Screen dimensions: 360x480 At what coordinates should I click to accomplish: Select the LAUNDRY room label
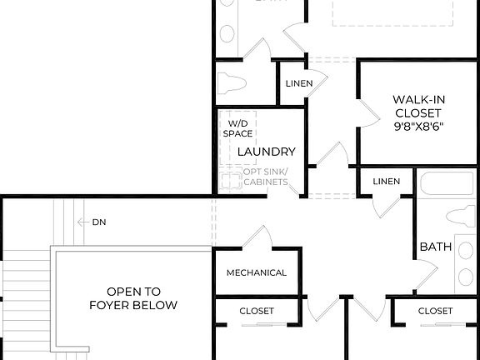tap(266, 152)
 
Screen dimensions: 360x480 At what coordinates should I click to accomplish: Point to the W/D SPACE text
tap(238, 128)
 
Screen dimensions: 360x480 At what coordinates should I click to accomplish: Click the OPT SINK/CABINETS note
tap(266, 177)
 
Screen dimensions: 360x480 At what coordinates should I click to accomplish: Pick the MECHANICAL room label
tap(257, 272)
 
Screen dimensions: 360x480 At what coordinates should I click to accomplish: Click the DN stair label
tap(99, 222)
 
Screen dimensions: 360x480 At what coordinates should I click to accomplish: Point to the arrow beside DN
tap(82, 222)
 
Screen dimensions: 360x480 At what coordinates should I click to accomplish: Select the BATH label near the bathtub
tap(435, 247)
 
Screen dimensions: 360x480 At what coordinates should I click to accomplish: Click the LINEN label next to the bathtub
tap(386, 181)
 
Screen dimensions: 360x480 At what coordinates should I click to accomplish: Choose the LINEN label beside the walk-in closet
tap(298, 83)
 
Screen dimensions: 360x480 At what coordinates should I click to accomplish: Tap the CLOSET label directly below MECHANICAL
tap(257, 311)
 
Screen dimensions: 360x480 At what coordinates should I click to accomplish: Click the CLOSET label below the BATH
tap(435, 311)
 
